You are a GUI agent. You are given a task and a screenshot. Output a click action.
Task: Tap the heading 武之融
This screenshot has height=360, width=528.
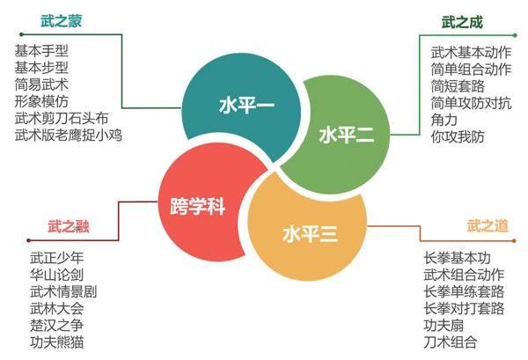(68, 226)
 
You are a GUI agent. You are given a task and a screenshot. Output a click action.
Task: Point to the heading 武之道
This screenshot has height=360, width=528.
(487, 226)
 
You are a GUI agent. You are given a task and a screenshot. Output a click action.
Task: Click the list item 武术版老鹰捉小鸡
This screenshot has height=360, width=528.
(68, 135)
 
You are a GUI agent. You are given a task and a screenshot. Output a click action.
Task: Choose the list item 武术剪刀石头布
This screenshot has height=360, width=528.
(62, 118)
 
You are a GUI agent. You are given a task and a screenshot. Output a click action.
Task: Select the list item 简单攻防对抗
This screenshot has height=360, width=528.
(469, 102)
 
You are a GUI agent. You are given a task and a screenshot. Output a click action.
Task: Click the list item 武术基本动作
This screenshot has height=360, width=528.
(469, 52)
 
